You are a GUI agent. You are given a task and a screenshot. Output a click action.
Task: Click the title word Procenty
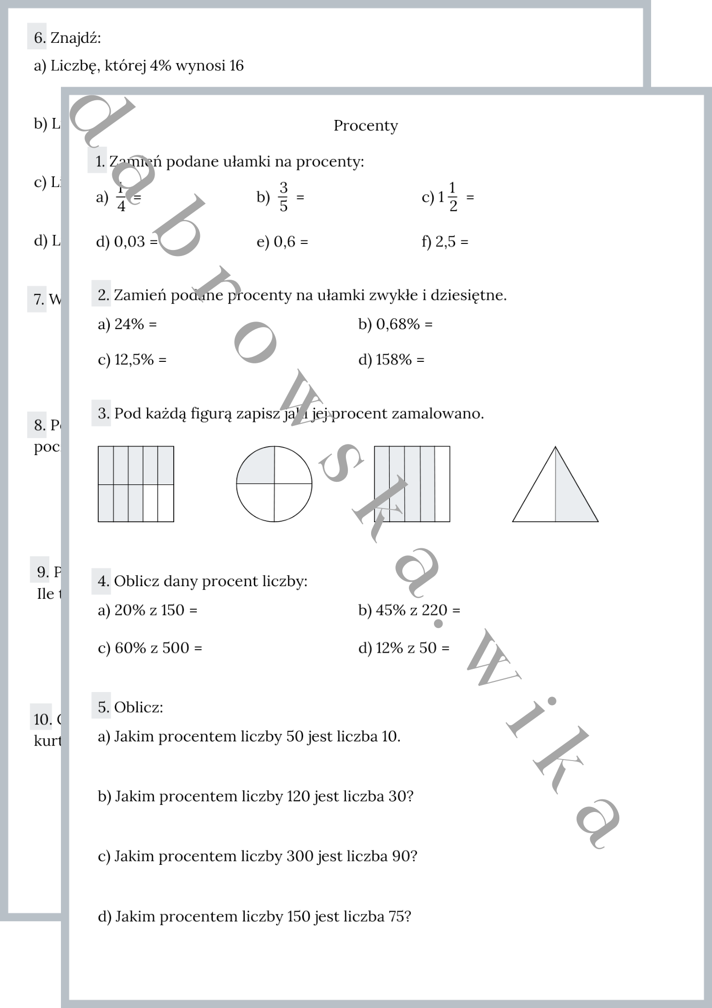point(366,125)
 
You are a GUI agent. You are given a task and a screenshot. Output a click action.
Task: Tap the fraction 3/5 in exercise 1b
point(283,197)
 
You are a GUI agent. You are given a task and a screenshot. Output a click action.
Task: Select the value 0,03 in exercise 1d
point(130,242)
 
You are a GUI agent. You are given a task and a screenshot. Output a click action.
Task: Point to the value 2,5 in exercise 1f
point(445,242)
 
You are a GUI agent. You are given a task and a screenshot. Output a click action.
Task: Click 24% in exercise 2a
point(129,324)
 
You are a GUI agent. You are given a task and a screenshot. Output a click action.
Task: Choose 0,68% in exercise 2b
point(398,324)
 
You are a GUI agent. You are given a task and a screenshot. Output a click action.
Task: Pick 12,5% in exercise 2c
point(134,360)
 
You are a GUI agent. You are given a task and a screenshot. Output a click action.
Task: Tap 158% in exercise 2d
point(394,360)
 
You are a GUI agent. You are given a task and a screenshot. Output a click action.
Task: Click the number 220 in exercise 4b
point(435,610)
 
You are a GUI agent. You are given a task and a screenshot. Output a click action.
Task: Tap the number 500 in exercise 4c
point(176,648)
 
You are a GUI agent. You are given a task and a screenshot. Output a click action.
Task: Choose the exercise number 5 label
point(103,707)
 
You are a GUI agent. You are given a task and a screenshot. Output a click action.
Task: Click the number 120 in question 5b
point(298,796)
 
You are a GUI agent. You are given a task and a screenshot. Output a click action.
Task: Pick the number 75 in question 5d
point(396,916)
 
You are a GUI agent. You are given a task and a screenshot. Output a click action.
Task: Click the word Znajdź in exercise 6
point(75,38)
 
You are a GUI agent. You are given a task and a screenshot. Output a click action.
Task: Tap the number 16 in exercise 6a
point(236,66)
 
